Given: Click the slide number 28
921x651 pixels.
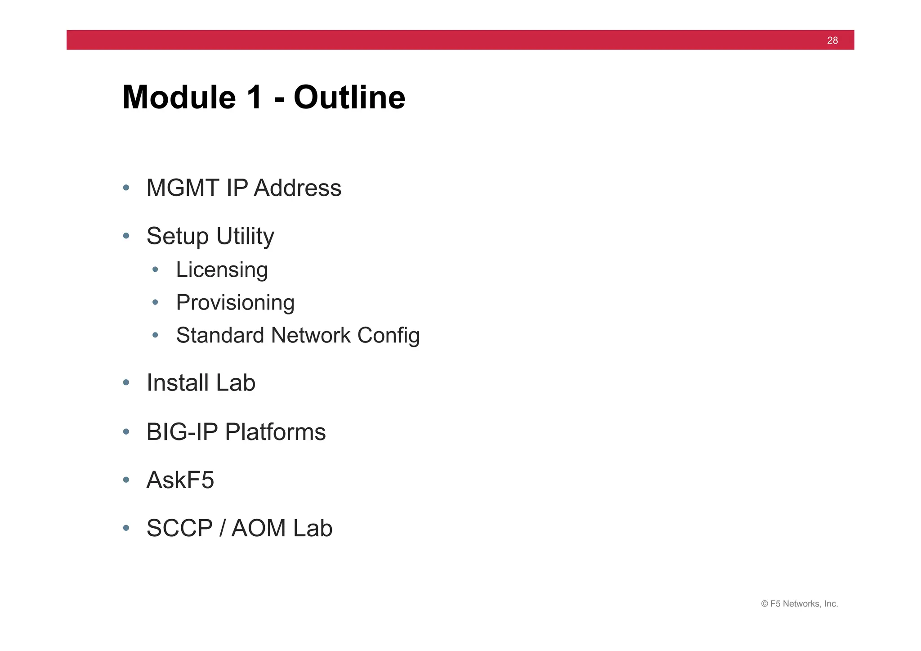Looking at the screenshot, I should point(832,40).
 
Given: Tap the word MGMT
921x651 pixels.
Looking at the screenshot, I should point(183,188).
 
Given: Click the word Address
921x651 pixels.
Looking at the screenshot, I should point(297,188).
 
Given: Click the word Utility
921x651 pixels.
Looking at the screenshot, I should point(245,237).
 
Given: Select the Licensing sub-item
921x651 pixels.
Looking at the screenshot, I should point(222,270).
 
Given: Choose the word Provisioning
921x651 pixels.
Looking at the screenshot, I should point(235,303).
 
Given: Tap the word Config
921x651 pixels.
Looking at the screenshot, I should point(389,336).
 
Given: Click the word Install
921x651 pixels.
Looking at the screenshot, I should point(178,383).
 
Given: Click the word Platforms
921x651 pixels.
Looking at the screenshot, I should point(275,432).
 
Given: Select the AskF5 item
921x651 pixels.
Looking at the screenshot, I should point(180,480).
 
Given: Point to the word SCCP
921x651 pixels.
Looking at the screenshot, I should point(179,528).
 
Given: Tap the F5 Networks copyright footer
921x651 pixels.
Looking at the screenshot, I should point(799,604).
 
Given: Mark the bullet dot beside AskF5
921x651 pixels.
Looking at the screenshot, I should point(126,480).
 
